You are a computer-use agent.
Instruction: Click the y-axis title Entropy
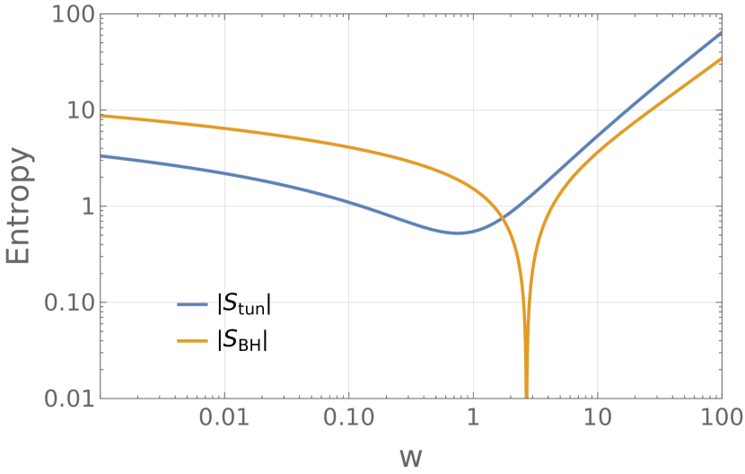point(20,206)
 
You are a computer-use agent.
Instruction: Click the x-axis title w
point(410,456)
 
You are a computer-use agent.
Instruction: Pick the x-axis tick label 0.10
point(347,418)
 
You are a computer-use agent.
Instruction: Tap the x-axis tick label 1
point(472,418)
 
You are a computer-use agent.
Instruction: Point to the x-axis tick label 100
point(721,418)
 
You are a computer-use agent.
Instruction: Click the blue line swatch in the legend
point(192,305)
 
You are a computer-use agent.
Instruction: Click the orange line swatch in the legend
point(192,341)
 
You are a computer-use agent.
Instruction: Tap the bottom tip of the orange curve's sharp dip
point(526,396)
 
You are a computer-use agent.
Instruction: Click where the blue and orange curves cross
point(504,215)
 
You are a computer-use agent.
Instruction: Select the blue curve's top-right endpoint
point(721,33)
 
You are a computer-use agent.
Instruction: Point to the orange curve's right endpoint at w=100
point(721,59)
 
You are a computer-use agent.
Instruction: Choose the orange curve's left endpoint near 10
point(100,116)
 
